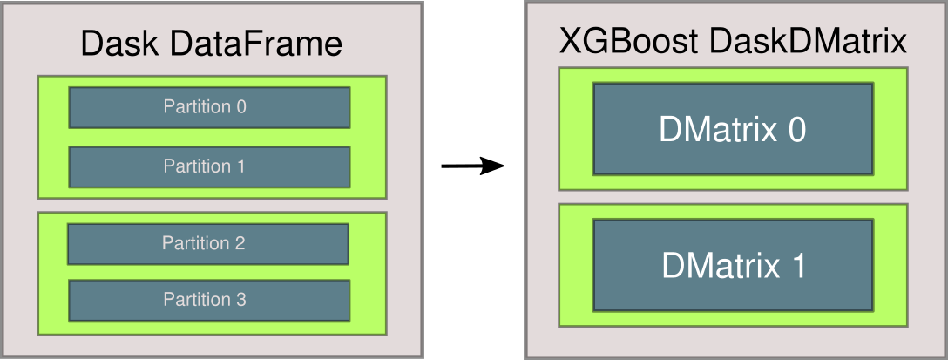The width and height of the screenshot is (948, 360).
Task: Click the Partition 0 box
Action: coord(209,107)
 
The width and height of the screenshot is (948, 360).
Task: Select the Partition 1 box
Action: coord(209,166)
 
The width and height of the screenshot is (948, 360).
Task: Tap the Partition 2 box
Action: coord(207,244)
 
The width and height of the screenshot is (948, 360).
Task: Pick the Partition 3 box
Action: coord(209,300)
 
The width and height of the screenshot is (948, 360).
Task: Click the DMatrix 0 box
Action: coord(733,129)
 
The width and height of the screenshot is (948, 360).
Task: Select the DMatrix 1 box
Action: coord(733,265)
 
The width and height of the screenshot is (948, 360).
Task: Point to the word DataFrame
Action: coord(253,44)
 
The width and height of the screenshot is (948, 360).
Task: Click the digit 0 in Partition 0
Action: coord(241,107)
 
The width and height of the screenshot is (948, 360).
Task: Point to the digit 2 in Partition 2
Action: coord(240,244)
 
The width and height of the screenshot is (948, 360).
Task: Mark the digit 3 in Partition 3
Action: coord(241,300)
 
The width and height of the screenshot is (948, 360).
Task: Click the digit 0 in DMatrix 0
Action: coord(794,130)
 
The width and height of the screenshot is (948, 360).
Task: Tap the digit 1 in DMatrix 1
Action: coord(795,266)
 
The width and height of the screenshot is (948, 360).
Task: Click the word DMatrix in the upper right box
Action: coord(717,130)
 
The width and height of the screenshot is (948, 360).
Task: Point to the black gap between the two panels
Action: coord(474,180)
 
